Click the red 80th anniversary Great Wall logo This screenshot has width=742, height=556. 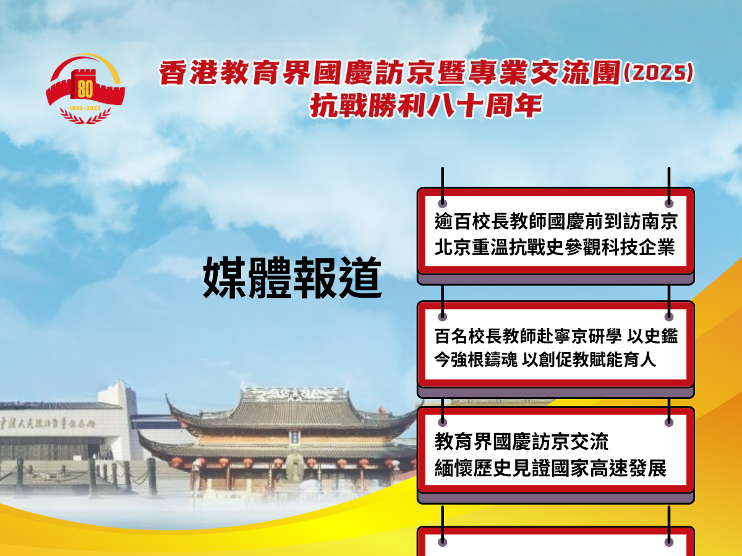pyautogui.click(x=85, y=88)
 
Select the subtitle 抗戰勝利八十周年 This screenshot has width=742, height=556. pyautogui.click(x=426, y=106)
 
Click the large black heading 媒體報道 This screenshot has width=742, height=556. pyautogui.click(x=291, y=279)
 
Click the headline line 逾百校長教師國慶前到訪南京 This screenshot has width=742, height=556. pyautogui.click(x=556, y=222)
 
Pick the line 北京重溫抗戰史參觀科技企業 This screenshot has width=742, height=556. pyautogui.click(x=555, y=248)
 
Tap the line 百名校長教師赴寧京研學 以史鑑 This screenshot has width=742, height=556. pyautogui.click(x=556, y=336)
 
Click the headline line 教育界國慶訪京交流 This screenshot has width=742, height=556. pyautogui.click(x=521, y=442)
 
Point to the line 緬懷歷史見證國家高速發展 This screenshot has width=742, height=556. pyautogui.click(x=550, y=468)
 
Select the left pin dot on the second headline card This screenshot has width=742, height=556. pyautogui.click(x=443, y=316)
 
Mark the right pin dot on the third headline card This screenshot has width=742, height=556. pyautogui.click(x=668, y=422)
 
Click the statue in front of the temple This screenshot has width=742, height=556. pyautogui.click(x=294, y=466)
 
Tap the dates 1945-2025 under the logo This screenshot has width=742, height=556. pyautogui.click(x=85, y=107)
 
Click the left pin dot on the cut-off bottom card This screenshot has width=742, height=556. pyautogui.click(x=443, y=542)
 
